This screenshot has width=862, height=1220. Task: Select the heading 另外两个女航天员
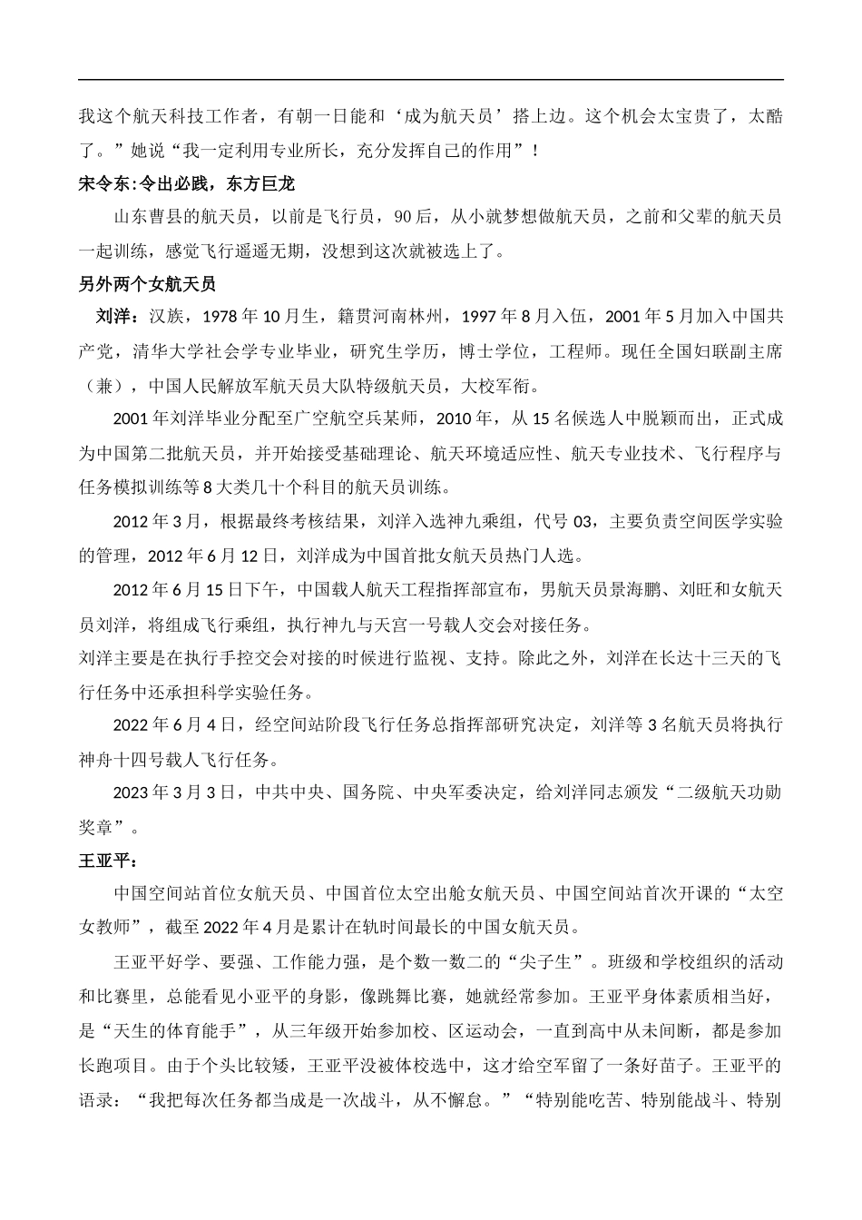[x=147, y=284]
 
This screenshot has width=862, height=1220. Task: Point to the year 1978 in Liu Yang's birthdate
[x=219, y=318]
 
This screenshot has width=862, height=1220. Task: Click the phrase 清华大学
[x=171, y=351]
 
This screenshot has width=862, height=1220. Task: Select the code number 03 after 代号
[x=588, y=521]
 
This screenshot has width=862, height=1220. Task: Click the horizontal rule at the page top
[x=431, y=80]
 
